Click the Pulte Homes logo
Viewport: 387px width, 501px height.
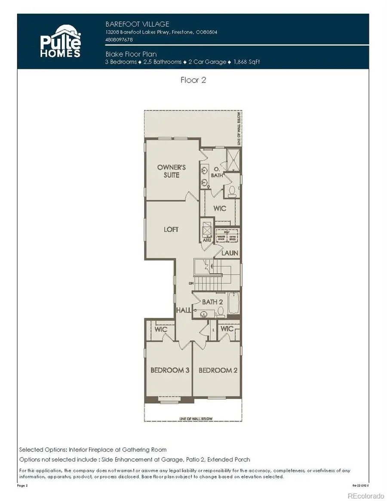(60, 41)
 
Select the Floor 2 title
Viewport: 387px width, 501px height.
(193, 80)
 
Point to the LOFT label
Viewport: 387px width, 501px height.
(171, 230)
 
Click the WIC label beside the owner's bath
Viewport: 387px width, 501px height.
(219, 209)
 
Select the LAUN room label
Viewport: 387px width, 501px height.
(230, 253)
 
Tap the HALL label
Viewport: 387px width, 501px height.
(182, 310)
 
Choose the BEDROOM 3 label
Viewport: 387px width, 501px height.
(170, 370)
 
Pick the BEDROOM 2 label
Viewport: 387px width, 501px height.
(218, 370)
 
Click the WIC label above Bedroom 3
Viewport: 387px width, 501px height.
(161, 329)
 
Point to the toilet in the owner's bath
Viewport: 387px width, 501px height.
(232, 191)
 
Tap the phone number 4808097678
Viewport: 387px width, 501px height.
(119, 40)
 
